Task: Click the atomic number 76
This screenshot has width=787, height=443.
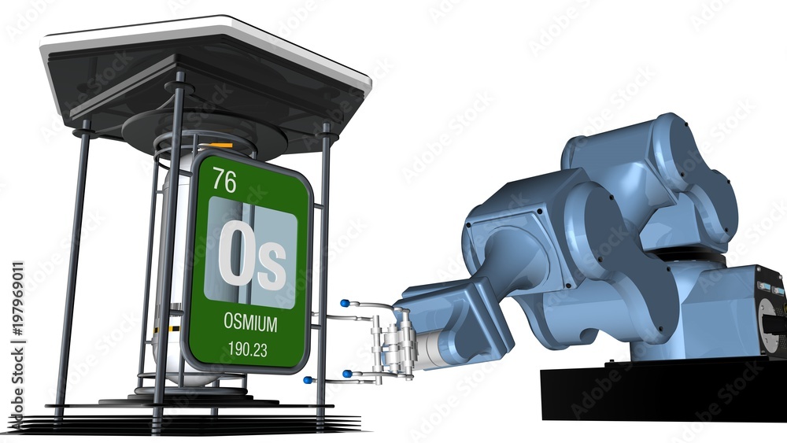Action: (224, 180)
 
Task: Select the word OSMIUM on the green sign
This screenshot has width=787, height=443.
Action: (250, 323)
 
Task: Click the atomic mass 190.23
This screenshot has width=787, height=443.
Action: (247, 349)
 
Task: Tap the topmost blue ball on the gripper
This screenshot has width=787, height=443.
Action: (345, 303)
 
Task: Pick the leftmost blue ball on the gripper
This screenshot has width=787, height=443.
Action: (307, 380)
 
